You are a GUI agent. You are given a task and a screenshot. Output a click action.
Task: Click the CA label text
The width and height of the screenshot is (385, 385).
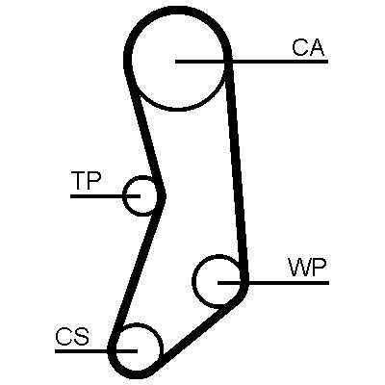coord(308,48)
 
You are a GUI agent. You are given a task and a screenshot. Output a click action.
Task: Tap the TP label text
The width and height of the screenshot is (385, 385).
coord(86,180)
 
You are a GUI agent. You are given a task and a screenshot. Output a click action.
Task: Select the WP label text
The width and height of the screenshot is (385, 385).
coord(307,268)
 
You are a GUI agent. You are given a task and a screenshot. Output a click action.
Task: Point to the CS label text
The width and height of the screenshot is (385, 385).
coord(72,336)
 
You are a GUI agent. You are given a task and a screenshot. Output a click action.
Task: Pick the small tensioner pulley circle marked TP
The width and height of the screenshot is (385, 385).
coord(123,195)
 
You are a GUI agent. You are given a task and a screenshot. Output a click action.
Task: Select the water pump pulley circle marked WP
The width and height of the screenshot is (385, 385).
coord(193,282)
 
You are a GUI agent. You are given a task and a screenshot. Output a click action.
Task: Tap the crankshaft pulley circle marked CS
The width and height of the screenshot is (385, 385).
coord(160,348)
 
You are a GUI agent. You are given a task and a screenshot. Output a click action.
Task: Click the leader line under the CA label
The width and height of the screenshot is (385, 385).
coord(252,61)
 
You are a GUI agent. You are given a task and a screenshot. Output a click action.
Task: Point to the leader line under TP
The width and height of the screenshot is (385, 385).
coord(105,195)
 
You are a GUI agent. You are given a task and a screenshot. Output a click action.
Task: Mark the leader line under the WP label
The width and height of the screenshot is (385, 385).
coord(273,283)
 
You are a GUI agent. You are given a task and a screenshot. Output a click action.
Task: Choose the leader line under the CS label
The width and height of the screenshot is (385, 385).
coord(96,351)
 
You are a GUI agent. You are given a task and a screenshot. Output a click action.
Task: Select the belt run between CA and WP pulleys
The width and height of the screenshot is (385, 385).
coord(238,170)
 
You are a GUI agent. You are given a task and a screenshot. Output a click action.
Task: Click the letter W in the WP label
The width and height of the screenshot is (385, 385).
coord(298,268)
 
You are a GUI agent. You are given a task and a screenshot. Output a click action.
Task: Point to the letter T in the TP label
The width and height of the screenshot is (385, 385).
coord(79,180)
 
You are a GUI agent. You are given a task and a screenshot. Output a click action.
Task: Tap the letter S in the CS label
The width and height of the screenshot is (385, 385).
coord(81,336)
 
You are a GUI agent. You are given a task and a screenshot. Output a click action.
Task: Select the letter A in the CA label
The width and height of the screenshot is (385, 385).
coord(317,48)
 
